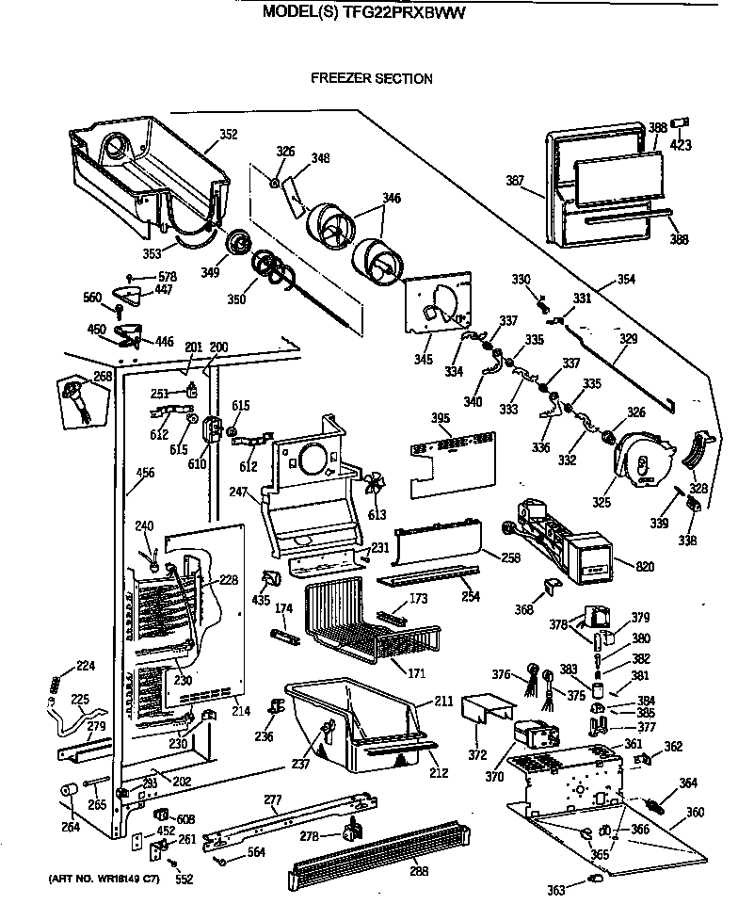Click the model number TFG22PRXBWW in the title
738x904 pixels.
click(x=410, y=13)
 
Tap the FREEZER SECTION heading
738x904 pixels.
click(x=372, y=79)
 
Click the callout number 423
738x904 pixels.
click(x=680, y=146)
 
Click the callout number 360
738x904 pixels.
click(x=694, y=812)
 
